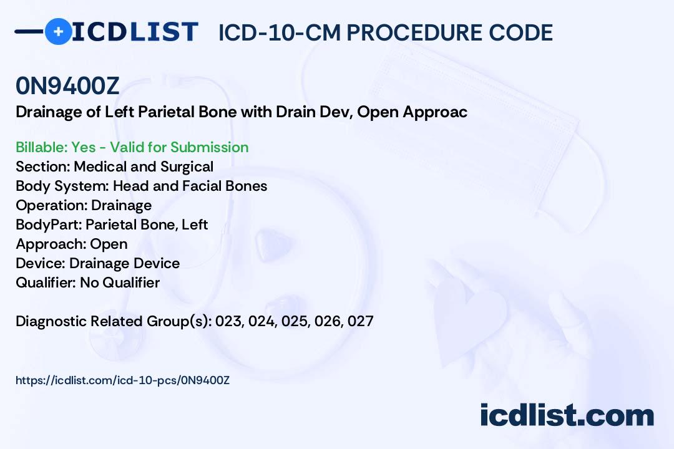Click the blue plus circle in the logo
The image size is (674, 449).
tap(58, 31)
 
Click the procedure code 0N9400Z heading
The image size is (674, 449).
tap(67, 86)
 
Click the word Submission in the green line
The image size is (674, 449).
tap(209, 147)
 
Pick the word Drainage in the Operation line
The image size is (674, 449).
tap(121, 206)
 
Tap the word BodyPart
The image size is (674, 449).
tap(49, 224)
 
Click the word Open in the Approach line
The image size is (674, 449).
tap(109, 244)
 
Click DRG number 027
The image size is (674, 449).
tap(361, 321)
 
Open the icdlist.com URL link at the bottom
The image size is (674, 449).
tap(122, 380)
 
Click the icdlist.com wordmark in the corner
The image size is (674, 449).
tap(567, 415)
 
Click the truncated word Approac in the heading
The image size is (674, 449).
tap(435, 113)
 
